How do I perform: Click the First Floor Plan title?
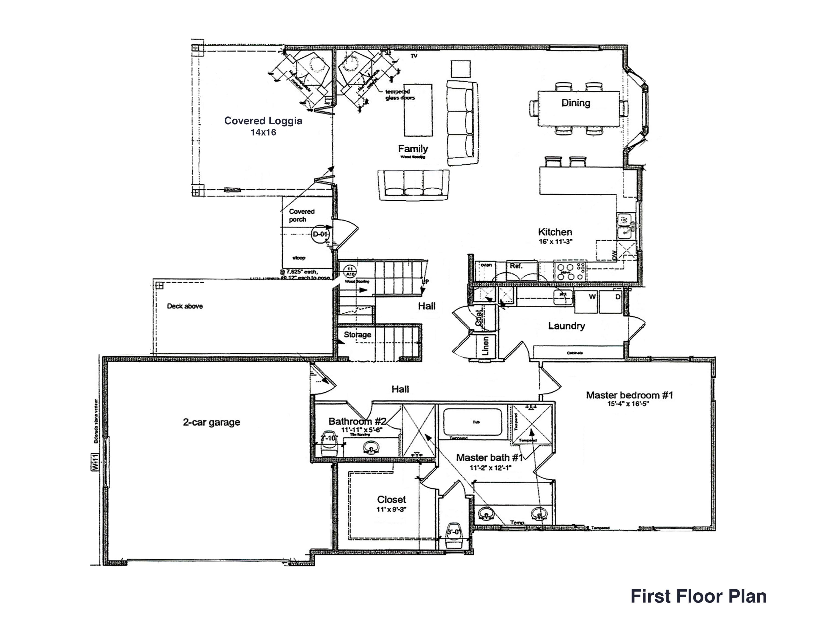[698, 596]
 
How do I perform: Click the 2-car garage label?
[212, 422]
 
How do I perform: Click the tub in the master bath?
[473, 422]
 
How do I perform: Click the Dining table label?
[576, 103]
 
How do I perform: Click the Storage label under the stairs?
[357, 334]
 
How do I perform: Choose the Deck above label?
[185, 306]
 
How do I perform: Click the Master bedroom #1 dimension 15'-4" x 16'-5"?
[629, 404]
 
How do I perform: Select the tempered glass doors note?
[400, 95]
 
